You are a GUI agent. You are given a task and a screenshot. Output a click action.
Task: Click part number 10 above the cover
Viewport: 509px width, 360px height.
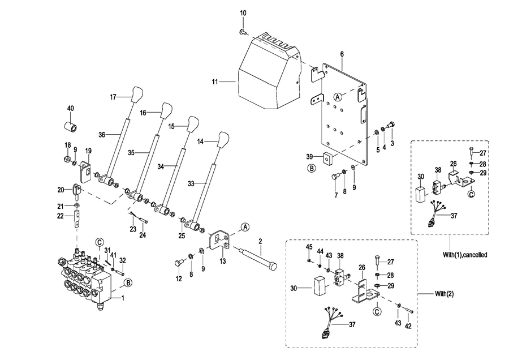pos(243,12)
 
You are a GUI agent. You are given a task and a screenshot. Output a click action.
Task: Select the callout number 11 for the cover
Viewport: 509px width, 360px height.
pos(215,82)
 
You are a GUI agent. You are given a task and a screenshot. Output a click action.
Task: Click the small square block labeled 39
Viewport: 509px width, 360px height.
pos(327,158)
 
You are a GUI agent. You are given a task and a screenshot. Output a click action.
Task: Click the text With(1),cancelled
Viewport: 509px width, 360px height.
pos(465,255)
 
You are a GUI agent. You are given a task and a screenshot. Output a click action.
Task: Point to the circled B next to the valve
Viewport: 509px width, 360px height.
pos(128,282)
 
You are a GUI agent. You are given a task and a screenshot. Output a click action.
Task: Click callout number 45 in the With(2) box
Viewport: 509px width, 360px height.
pos(309,247)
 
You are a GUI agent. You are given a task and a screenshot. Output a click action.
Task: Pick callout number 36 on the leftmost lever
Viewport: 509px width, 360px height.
pos(102,135)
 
